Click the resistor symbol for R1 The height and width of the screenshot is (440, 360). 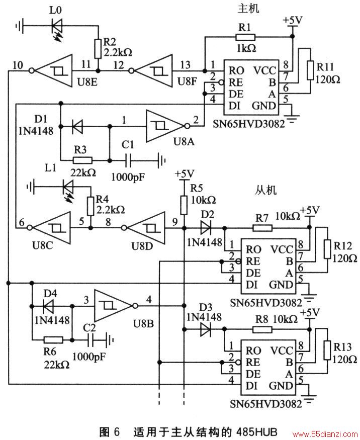click(245, 37)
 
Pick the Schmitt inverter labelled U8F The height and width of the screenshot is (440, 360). click(151, 70)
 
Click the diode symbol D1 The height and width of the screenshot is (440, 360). click(77, 127)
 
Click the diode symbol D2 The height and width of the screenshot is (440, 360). click(206, 228)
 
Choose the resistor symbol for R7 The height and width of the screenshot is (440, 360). click(262, 228)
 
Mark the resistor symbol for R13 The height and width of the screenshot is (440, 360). click(327, 350)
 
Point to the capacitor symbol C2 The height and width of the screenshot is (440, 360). click(91, 340)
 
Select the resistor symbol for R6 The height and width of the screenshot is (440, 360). click(53, 340)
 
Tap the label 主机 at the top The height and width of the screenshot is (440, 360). click(248, 8)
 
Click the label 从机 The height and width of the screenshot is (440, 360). click(265, 190)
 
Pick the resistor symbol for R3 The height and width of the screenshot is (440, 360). click(82, 160)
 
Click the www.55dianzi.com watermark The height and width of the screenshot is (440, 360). click(325, 434)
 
